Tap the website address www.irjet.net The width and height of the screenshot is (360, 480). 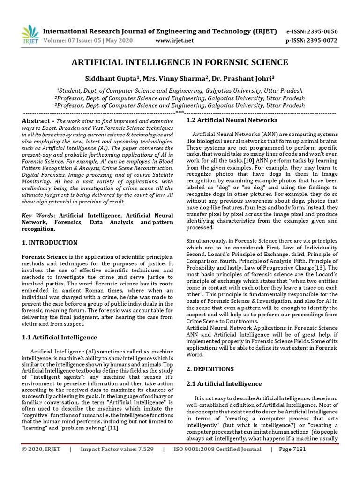pos(174,41)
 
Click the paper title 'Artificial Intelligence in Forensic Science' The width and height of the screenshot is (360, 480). pos(180,62)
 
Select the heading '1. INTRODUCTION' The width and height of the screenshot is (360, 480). pos(50,243)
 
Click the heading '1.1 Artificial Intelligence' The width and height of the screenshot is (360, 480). pos(60,337)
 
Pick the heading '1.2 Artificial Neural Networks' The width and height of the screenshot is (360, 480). pos(225,120)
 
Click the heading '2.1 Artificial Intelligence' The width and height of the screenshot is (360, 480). pos(224,384)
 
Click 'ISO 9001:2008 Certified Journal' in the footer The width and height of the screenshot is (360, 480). pos(217,462)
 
